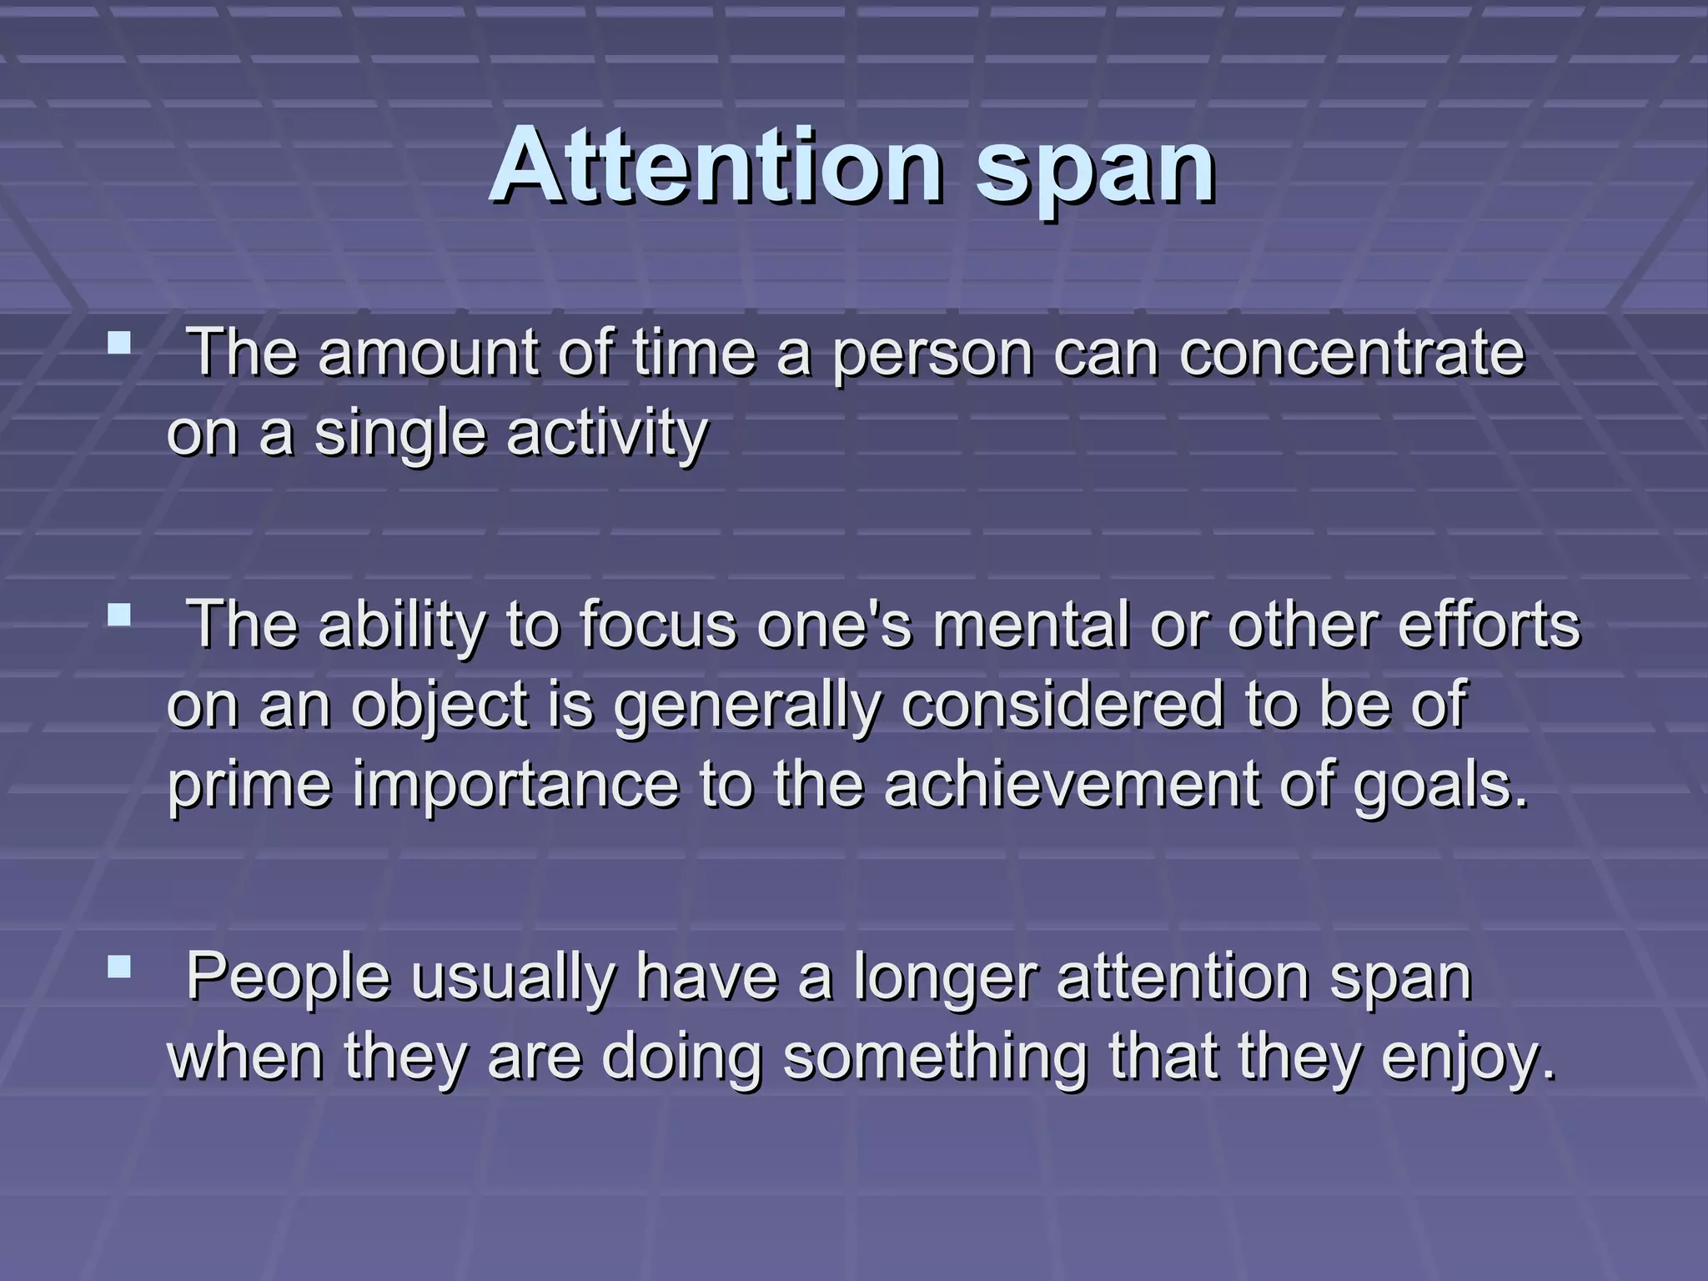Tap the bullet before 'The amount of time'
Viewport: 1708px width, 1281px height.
click(x=119, y=343)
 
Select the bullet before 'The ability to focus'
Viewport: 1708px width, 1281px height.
click(x=119, y=615)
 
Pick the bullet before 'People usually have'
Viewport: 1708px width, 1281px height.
click(x=119, y=967)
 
